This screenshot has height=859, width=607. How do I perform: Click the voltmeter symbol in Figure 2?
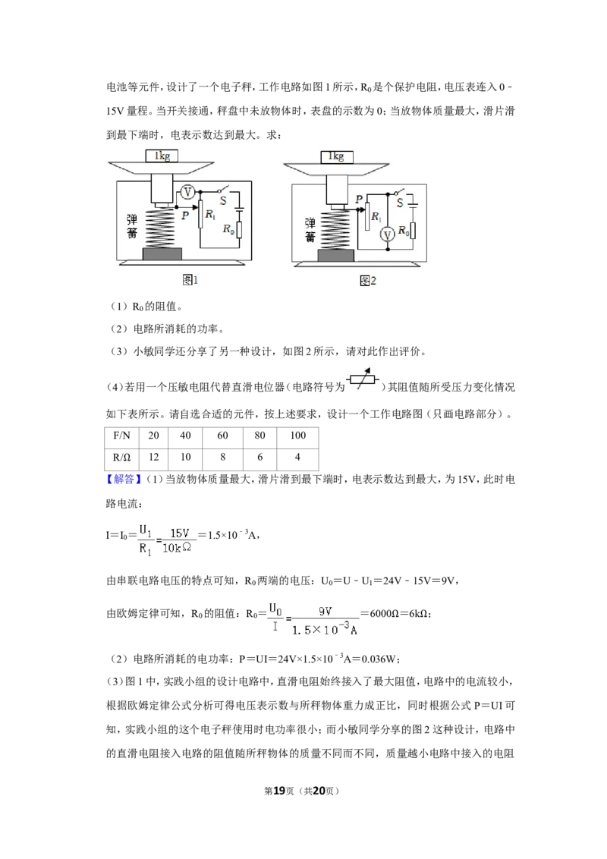pos(388,235)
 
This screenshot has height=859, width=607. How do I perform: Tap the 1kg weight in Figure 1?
pos(162,156)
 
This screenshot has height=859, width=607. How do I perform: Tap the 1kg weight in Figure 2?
pos(336,156)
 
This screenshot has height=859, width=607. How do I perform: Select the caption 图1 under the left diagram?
pos(190,280)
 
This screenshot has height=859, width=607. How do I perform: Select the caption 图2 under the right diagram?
pos(367,281)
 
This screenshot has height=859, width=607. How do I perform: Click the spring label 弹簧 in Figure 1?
pos(131,225)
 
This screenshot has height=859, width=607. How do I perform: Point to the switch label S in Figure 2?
pos(399,203)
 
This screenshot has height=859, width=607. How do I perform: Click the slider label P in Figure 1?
pos(185,216)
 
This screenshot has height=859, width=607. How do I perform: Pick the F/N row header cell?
pos(121,436)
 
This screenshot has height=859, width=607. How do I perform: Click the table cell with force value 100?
pos(297,436)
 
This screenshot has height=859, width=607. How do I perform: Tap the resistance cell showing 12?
pos(153,458)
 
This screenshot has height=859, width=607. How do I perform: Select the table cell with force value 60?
pos(222,436)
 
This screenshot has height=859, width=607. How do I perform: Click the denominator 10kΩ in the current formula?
pos(176,547)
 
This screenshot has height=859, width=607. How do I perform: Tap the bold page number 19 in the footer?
pos(279,791)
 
